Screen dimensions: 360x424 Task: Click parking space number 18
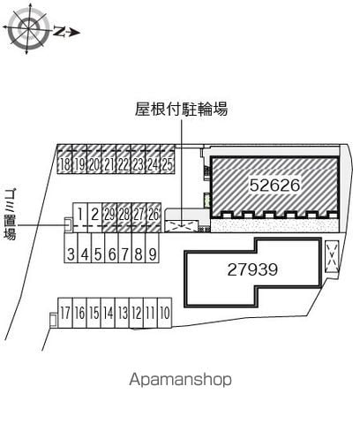click(64, 159)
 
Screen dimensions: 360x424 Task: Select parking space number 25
click(168, 159)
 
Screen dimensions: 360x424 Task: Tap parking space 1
click(80, 217)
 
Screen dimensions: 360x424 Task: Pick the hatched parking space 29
click(109, 217)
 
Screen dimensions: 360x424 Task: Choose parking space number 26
click(154, 217)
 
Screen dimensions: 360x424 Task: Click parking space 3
click(71, 247)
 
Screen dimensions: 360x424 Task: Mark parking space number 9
click(153, 247)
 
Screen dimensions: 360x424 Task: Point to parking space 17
click(65, 313)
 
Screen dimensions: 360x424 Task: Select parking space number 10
click(165, 313)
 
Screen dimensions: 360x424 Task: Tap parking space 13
click(123, 313)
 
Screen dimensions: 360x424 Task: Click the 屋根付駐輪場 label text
click(182, 110)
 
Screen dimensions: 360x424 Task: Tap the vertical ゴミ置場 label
click(11, 214)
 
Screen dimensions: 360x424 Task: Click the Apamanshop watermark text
click(180, 380)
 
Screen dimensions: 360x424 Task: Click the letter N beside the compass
click(60, 31)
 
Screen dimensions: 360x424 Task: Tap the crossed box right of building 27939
click(332, 256)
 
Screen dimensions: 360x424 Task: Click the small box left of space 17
click(53, 320)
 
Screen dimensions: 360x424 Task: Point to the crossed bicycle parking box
click(181, 226)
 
